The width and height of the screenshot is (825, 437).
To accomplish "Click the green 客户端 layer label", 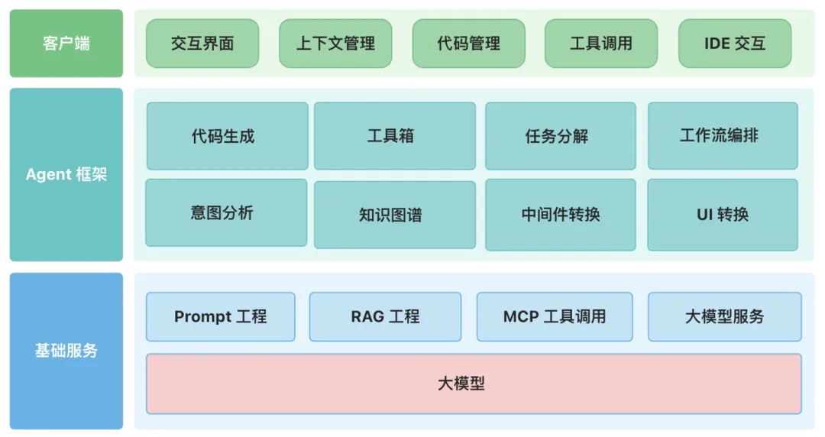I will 66,44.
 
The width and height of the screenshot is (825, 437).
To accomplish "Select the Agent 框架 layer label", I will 66,174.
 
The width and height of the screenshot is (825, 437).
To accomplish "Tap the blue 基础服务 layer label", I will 66,351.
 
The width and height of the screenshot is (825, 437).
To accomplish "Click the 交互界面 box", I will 202,44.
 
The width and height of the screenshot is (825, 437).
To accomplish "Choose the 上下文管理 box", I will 335,44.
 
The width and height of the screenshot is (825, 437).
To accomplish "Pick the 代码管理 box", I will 468,44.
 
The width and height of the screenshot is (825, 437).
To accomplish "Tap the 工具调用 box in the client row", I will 601,44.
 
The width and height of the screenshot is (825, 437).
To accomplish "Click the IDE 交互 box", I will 735,44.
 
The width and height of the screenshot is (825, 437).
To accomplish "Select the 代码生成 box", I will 227,136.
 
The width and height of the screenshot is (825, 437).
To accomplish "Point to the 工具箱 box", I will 394,136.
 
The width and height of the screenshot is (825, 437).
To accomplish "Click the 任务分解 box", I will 560,136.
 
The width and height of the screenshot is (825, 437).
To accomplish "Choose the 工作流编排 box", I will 723,136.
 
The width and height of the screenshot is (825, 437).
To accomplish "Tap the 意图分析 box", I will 226,213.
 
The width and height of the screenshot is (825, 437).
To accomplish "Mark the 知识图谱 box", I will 394,215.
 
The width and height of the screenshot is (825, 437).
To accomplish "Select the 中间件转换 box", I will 560,215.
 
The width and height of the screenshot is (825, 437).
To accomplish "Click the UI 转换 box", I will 723,215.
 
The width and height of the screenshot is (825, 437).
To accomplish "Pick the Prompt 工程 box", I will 220,316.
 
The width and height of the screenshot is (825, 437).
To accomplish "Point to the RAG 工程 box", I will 385,316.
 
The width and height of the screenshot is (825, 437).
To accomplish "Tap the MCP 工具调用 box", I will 555,316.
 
